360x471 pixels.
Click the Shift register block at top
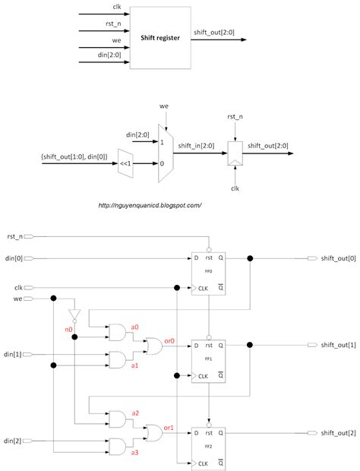tap(160, 37)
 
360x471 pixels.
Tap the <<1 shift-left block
tap(126, 161)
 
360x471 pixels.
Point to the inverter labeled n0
tap(74, 315)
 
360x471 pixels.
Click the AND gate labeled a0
tap(119, 331)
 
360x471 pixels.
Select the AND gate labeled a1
tap(119, 359)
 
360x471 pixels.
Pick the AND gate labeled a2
tap(119, 419)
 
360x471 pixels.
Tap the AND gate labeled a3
tap(119, 446)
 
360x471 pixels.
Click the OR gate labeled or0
tap(154, 345)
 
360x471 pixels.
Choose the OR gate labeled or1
tap(154, 432)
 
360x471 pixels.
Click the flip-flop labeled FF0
tap(209, 273)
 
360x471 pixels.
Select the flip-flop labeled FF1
tap(209, 361)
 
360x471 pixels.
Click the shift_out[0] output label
tap(337, 258)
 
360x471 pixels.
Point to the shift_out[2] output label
tap(337, 433)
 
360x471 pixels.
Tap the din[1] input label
tap(12, 354)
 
